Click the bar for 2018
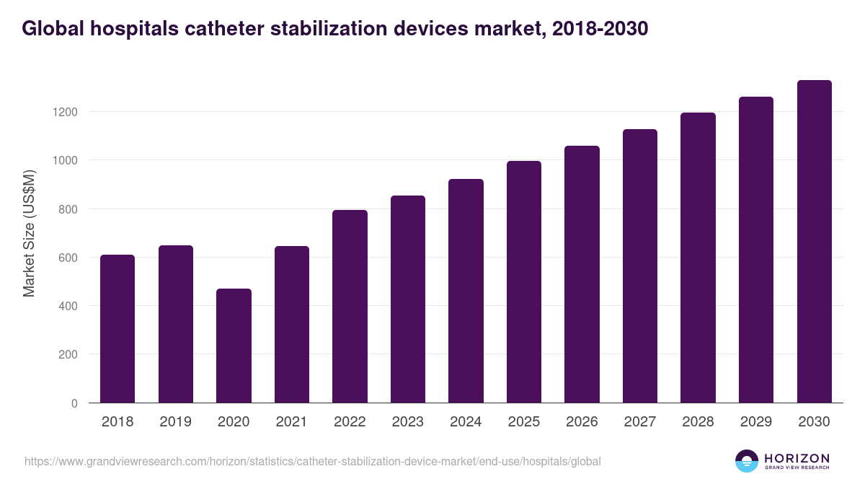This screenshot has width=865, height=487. tap(117, 329)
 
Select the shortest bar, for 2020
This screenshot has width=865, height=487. tap(234, 346)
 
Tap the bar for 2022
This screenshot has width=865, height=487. tap(350, 307)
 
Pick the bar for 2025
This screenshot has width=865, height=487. tap(524, 282)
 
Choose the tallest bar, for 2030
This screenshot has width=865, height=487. tap(814, 242)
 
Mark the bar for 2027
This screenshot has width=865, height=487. tap(640, 266)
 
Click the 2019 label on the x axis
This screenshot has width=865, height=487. tap(175, 422)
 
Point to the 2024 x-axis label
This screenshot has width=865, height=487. tap(466, 422)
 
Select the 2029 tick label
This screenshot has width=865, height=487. tap(756, 422)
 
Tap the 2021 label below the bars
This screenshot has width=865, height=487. tap(291, 422)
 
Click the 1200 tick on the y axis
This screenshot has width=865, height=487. tap(63, 112)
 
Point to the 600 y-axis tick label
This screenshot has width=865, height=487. tap(67, 258)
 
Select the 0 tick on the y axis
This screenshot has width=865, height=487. tap(74, 403)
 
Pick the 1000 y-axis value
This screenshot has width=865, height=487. tap(63, 160)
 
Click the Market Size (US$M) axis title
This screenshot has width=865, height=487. tap(29, 234)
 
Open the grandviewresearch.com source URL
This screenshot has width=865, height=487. tap(312, 461)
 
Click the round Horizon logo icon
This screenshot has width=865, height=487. tap(747, 461)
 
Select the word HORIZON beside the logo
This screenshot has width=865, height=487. tap(797, 457)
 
